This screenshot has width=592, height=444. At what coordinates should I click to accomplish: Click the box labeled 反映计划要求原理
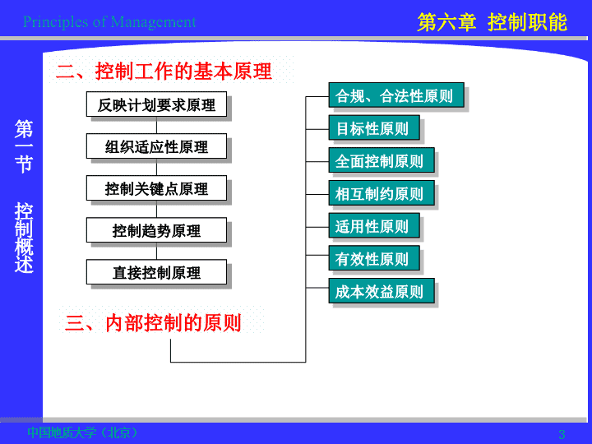pyautogui.click(x=156, y=104)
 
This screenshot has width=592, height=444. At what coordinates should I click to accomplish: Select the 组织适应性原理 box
pyautogui.click(x=156, y=146)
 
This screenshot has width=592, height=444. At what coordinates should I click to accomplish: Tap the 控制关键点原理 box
pyautogui.click(x=156, y=188)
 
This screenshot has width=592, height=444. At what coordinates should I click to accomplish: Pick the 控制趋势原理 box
pyautogui.click(x=156, y=230)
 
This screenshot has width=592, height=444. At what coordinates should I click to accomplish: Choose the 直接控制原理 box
pyautogui.click(x=156, y=272)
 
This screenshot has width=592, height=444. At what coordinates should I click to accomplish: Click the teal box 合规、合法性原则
pyautogui.click(x=396, y=95)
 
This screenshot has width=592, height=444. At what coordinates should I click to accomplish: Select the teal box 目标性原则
pyautogui.click(x=374, y=128)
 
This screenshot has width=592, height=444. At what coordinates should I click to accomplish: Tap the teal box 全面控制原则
pyautogui.click(x=382, y=160)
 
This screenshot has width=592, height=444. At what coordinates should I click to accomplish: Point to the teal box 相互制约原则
pyautogui.click(x=382, y=193)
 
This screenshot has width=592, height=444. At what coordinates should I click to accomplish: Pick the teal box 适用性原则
pyautogui.click(x=374, y=226)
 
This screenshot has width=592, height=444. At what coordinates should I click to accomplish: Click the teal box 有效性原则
pyautogui.click(x=374, y=258)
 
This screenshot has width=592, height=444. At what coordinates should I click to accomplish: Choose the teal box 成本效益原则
pyautogui.click(x=382, y=291)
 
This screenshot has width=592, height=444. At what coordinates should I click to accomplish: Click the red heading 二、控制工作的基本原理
pyautogui.click(x=164, y=71)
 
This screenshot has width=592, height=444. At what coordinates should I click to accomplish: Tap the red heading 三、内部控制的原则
pyautogui.click(x=153, y=323)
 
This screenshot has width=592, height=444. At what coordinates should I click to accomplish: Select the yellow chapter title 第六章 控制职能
pyautogui.click(x=492, y=22)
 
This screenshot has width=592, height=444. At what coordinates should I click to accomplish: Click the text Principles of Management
pyautogui.click(x=109, y=22)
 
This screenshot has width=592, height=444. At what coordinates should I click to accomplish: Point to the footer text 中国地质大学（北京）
pyautogui.click(x=83, y=432)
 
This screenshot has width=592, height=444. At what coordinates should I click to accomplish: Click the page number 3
pyautogui.click(x=562, y=434)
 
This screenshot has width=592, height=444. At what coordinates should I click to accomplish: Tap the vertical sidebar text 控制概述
pyautogui.click(x=24, y=238)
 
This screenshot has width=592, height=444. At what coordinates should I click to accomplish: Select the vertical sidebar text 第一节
pyautogui.click(x=24, y=146)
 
